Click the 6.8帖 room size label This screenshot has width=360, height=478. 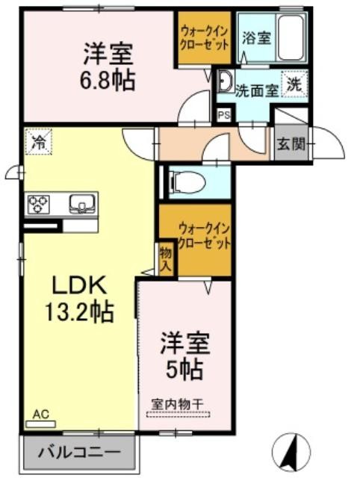tap(108, 81)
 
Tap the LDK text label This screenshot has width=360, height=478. tap(80, 285)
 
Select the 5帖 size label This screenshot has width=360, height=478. tap(184, 369)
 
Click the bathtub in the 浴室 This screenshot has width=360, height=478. tap(291, 38)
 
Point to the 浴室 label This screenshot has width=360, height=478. tap(257, 38)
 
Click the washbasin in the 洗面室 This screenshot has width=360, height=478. tap(226, 81)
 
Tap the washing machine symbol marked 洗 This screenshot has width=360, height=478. tap(295, 84)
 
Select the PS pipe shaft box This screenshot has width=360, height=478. tap(224, 115)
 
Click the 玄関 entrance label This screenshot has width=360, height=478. tap(291, 143)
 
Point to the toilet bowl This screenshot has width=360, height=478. tap(187, 182)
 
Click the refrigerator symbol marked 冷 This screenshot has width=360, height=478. tap(38, 141)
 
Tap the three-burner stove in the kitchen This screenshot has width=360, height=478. tap(38, 204)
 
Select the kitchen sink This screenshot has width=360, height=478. tap(82, 204)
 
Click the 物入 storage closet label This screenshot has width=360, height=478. tap(167, 259)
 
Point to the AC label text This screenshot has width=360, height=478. tap(40, 415)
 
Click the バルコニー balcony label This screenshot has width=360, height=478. tap(79, 452)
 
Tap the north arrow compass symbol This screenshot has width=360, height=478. tap(291, 453)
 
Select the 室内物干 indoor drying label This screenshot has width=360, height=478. tap(178, 404)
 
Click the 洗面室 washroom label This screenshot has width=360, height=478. tap(257, 90)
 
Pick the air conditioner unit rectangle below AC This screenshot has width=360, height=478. tap(41, 424)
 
